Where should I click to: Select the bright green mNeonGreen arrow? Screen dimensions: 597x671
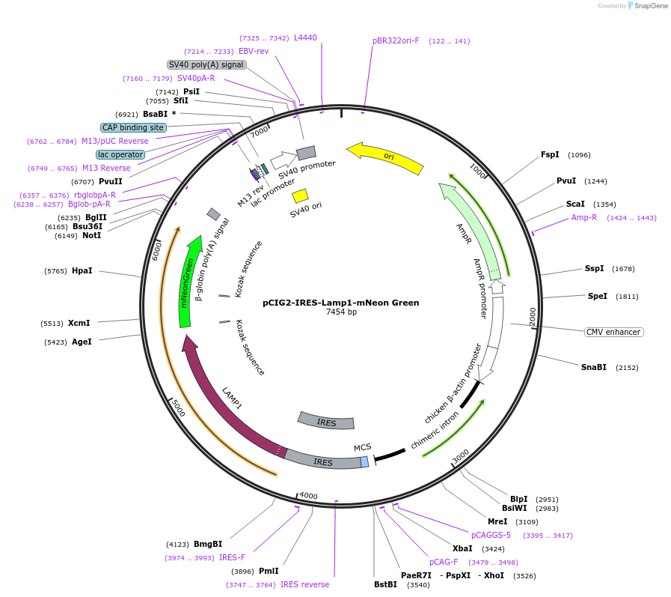pyautogui.click(x=188, y=285)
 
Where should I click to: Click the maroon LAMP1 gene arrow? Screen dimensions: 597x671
pyautogui.click(x=224, y=404)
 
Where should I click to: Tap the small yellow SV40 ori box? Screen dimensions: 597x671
pyautogui.click(x=300, y=196)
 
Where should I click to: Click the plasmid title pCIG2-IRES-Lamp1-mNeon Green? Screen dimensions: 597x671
pyautogui.click(x=340, y=303)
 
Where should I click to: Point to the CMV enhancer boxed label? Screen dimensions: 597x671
pyautogui.click(x=613, y=332)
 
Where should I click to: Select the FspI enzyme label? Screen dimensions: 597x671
pyautogui.click(x=550, y=155)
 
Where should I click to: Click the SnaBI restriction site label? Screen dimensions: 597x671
pyautogui.click(x=594, y=367)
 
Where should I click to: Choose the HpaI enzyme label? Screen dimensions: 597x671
pyautogui.click(x=82, y=270)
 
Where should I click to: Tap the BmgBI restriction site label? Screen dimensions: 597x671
pyautogui.click(x=208, y=544)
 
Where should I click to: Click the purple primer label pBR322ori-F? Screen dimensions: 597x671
pyautogui.click(x=396, y=40)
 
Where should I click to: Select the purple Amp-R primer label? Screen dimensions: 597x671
pyautogui.click(x=584, y=217)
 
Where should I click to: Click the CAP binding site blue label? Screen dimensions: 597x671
pyautogui.click(x=132, y=127)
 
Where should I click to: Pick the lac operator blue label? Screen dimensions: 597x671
pyautogui.click(x=120, y=154)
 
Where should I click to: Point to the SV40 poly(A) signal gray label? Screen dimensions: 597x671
pyautogui.click(x=206, y=64)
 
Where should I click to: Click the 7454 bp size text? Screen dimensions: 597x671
pyautogui.click(x=340, y=312)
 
